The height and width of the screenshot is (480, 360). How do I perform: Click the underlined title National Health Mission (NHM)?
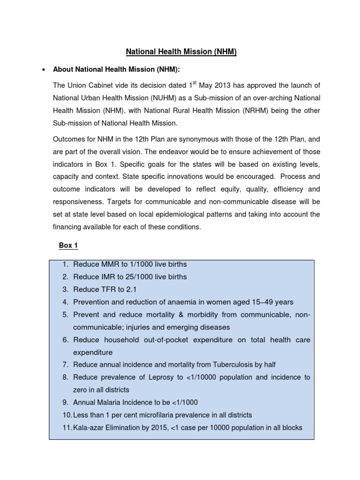point(180,52)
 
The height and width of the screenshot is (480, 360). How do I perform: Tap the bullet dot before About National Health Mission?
point(44,70)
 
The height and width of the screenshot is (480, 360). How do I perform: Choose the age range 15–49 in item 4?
point(264,301)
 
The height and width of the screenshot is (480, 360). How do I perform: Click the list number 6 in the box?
point(66,340)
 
